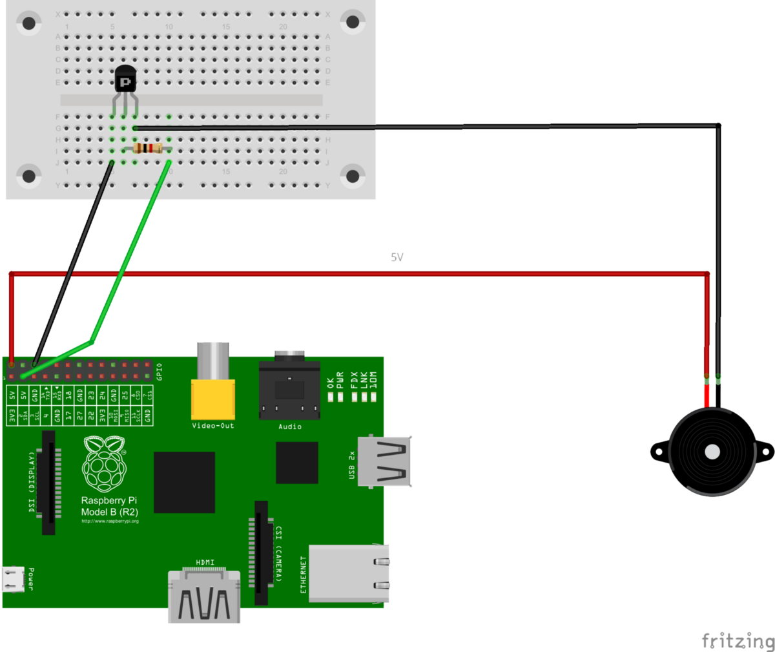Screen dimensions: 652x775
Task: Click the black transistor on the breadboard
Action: pos(125,81)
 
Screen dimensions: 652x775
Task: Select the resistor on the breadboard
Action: pos(148,149)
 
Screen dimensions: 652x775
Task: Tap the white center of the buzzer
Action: pos(712,452)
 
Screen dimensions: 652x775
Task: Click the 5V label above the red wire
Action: pos(397,257)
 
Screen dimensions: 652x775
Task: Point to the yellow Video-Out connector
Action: pos(212,399)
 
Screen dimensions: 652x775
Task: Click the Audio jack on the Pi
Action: pos(289,391)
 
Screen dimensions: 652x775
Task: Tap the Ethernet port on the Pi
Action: pos(349,573)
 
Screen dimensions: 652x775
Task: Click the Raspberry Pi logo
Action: pos(104,463)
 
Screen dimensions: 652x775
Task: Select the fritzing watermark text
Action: pos(737,640)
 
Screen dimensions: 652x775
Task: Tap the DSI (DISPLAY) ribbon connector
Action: pos(49,483)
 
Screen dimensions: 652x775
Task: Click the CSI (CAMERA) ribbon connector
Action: pos(261,552)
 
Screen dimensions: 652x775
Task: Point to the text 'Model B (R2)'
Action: pos(109,512)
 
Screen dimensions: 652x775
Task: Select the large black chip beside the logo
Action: pos(184,482)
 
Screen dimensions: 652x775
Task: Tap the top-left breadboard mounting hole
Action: pos(28,23)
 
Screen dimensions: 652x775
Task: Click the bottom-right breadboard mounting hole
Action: pos(353,175)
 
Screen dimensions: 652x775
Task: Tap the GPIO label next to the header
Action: pos(160,372)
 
